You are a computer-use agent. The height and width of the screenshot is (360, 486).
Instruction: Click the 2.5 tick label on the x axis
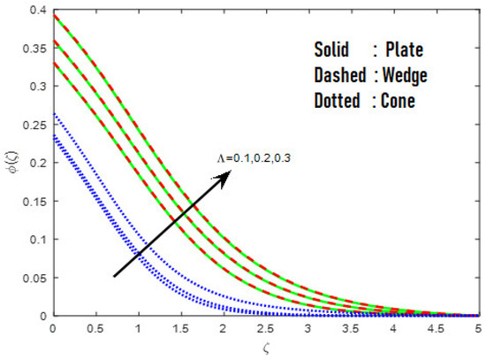click(267, 328)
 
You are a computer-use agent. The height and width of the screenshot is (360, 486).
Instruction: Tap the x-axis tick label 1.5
click(181, 328)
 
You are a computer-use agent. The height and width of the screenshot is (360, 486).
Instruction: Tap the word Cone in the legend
click(398, 101)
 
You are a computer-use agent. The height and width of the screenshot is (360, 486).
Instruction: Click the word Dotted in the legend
click(338, 101)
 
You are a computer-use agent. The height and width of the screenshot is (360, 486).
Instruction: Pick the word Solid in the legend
click(334, 50)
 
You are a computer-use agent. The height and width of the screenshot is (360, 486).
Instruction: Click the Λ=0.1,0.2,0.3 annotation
click(250, 157)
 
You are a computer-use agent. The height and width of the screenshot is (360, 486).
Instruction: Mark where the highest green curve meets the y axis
click(53, 15)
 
